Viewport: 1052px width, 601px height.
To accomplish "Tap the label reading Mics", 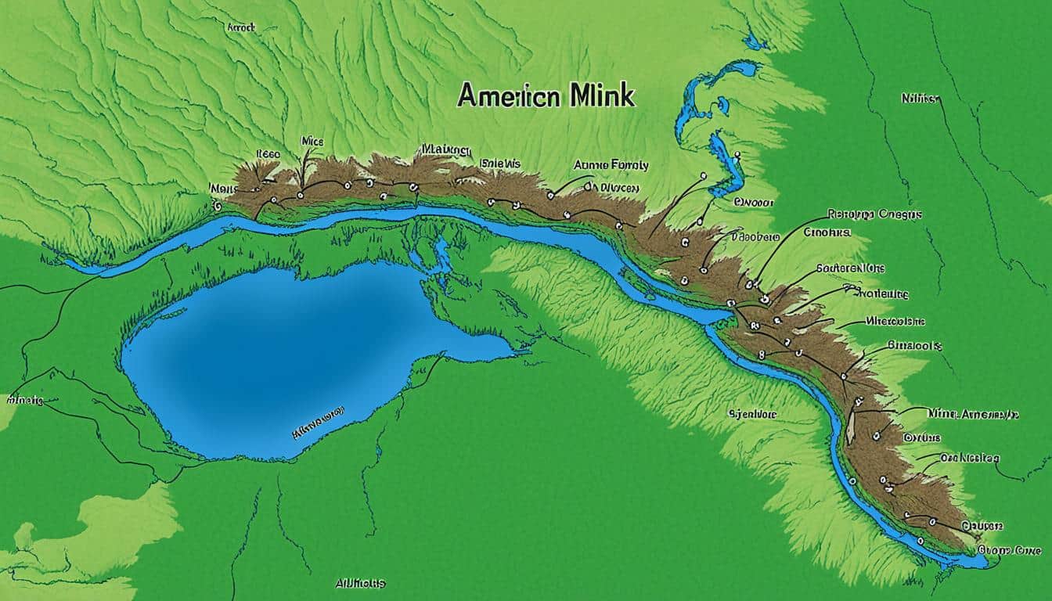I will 312,142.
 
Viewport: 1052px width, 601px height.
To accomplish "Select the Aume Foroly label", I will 611,165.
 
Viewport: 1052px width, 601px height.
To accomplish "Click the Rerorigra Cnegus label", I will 874,214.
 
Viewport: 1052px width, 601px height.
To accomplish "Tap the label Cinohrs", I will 827,232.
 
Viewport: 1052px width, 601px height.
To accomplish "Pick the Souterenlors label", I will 850,268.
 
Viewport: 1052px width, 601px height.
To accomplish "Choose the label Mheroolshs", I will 895,321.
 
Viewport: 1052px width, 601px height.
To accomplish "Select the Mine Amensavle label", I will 973,412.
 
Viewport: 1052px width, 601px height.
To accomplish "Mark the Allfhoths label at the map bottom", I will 360,584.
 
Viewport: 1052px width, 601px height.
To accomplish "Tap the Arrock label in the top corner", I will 241,27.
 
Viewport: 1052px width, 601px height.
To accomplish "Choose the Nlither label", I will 920,99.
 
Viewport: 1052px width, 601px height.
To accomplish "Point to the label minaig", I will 26,400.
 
